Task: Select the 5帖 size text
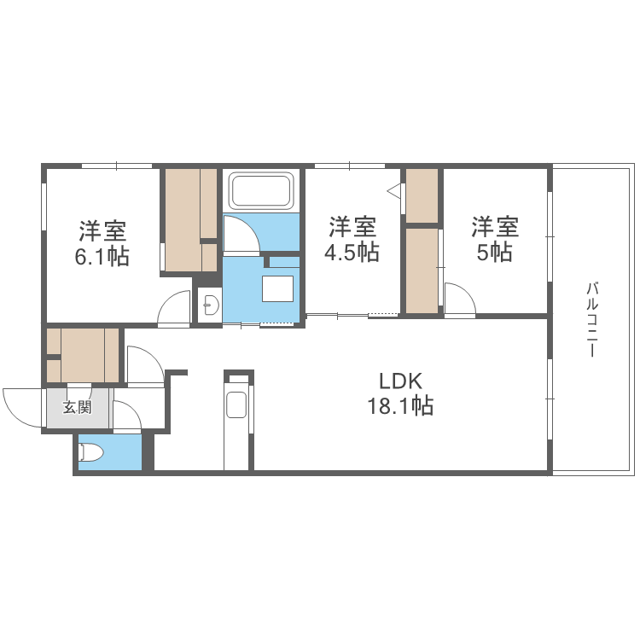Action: click(x=496, y=253)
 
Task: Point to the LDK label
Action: click(x=400, y=381)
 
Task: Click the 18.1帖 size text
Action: click(x=400, y=406)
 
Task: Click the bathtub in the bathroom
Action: click(x=262, y=191)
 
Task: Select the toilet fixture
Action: click(x=90, y=453)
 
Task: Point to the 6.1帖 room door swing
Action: click(x=176, y=308)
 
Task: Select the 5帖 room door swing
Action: click(x=459, y=300)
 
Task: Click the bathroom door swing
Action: click(x=240, y=235)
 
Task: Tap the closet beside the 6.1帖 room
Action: click(x=190, y=219)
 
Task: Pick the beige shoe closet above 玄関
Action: click(x=83, y=354)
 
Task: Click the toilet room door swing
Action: click(x=127, y=417)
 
